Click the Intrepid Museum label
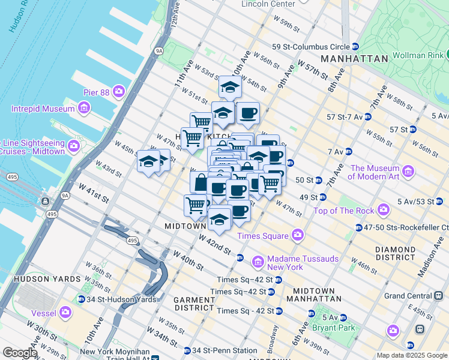[x=42, y=109]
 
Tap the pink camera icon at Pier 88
[x=119, y=91]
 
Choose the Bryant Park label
[x=338, y=328]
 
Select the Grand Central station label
[x=408, y=296]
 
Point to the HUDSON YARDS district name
[x=38, y=279]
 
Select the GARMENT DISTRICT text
[x=194, y=304]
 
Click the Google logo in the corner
[x=20, y=353]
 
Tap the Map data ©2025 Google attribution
[x=411, y=355]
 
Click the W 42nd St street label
[x=215, y=246]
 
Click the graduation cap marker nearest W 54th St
[x=230, y=88]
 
